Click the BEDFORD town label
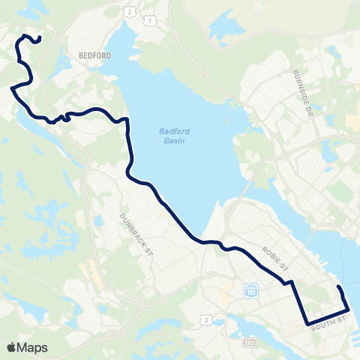click(94, 55)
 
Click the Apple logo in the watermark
click(13, 347)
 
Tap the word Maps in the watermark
click(33, 347)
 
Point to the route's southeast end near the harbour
click(339, 287)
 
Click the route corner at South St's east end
click(349, 310)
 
